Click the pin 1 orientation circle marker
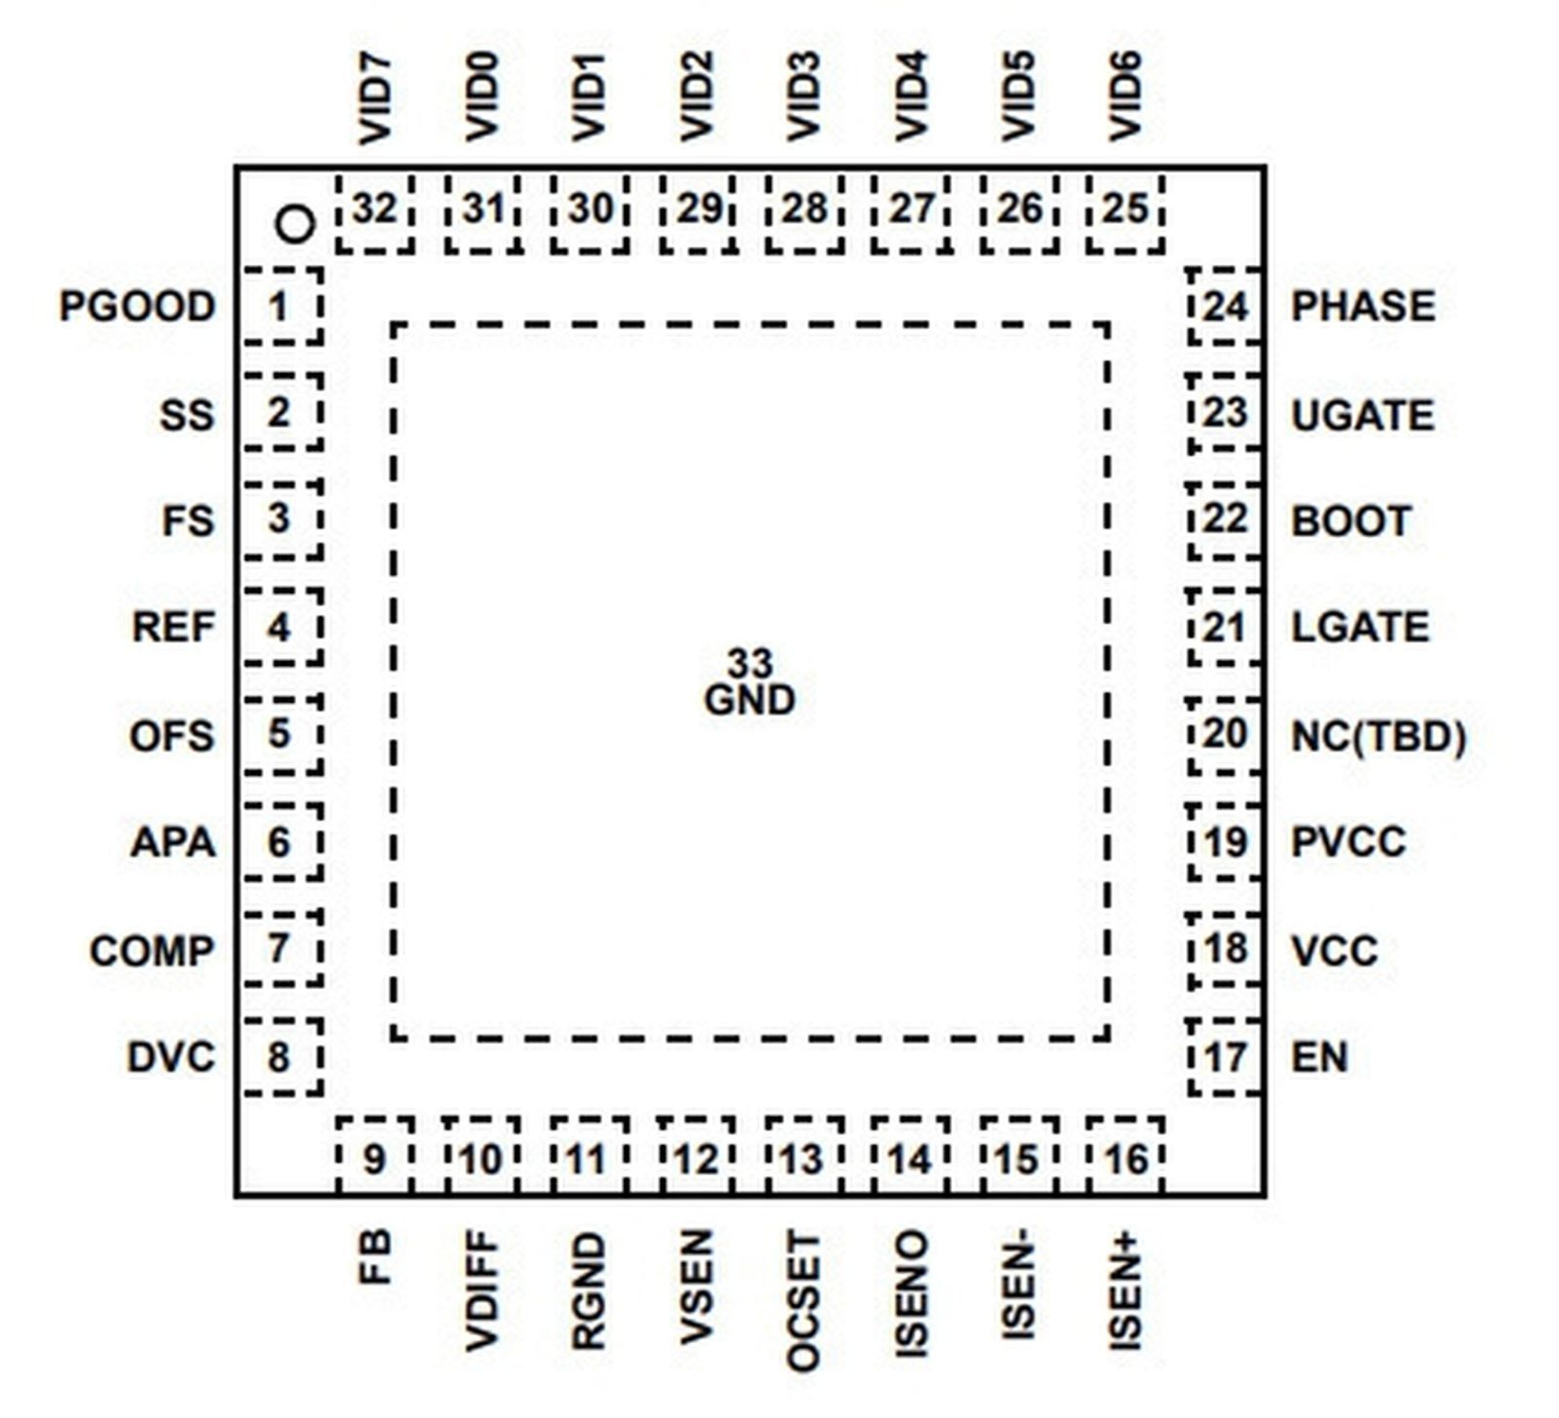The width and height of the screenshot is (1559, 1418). click(295, 225)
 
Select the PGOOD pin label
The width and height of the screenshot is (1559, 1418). click(137, 306)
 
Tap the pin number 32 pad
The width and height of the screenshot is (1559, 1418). click(375, 210)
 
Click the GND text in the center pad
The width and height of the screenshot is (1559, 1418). click(749, 701)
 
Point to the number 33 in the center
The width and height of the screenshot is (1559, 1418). click(749, 664)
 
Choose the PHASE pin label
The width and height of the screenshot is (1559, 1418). click(1362, 306)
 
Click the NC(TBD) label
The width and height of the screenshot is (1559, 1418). click(1378, 736)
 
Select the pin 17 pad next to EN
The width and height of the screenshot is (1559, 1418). click(1225, 1057)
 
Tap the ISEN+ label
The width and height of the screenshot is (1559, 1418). click(1124, 1291)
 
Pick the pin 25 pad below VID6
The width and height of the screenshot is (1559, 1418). click(1124, 210)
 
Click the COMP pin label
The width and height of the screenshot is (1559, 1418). click(152, 950)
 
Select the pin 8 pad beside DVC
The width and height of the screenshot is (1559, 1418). click(281, 1057)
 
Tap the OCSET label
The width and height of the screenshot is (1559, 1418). click(803, 1301)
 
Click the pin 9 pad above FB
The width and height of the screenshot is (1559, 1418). click(375, 1158)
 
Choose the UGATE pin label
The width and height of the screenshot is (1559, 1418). click(1362, 415)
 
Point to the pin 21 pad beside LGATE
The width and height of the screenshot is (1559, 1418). click(1225, 628)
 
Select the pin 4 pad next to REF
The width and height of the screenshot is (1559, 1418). click(281, 628)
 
